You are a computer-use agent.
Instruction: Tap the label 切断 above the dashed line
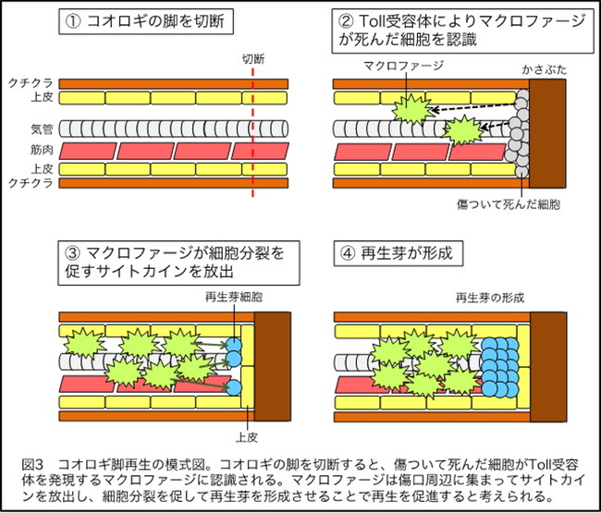[x=253, y=58]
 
